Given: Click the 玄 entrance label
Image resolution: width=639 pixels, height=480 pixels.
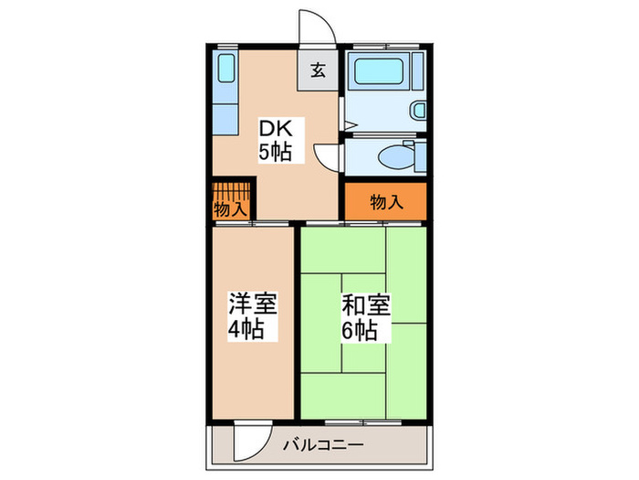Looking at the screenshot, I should [x=318, y=71].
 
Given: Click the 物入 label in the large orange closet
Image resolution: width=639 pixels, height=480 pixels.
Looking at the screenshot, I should [x=386, y=202].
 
